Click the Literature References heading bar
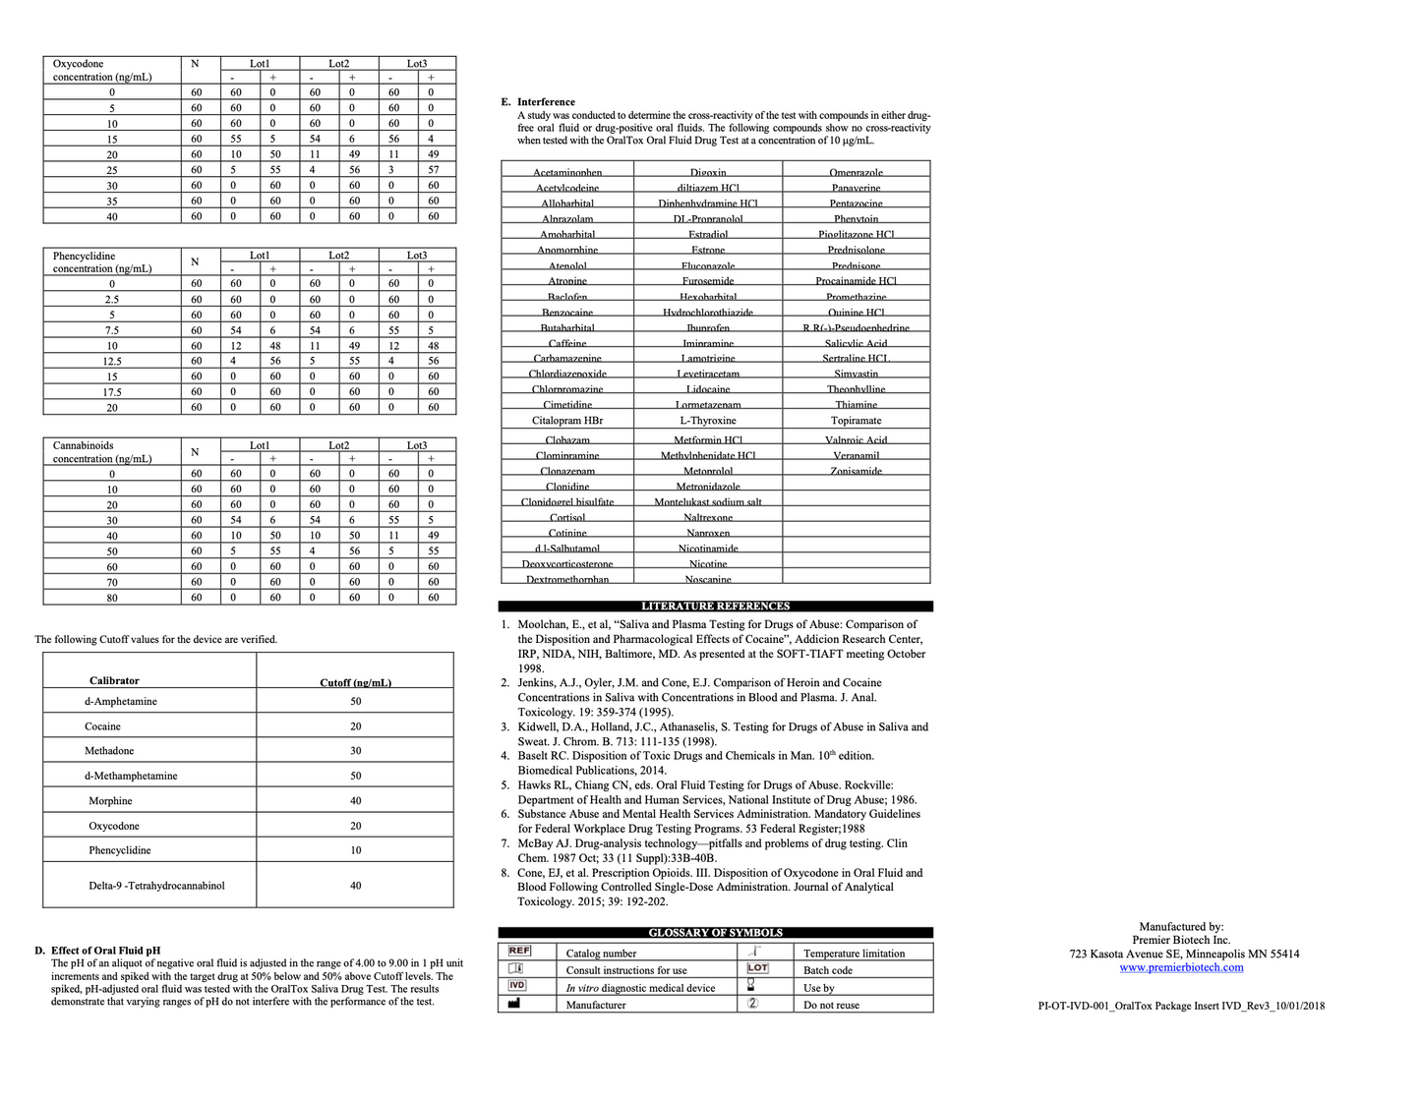[715, 607]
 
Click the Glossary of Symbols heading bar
[715, 933]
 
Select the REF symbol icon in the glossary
[519, 952]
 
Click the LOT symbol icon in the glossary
[757, 968]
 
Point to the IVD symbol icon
[517, 986]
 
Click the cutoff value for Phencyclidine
[355, 850]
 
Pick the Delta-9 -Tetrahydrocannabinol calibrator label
[156, 886]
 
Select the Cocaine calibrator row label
[102, 726]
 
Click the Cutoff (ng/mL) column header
[355, 682]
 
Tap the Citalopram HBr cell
[567, 421]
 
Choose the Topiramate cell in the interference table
[856, 421]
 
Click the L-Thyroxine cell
[708, 421]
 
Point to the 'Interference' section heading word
[546, 102]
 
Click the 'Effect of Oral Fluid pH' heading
[105, 951]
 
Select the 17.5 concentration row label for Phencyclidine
[112, 392]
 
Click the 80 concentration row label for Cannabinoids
[112, 598]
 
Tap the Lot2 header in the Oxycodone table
[338, 64]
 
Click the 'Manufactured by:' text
[1181, 927]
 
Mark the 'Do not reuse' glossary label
[831, 1006]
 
